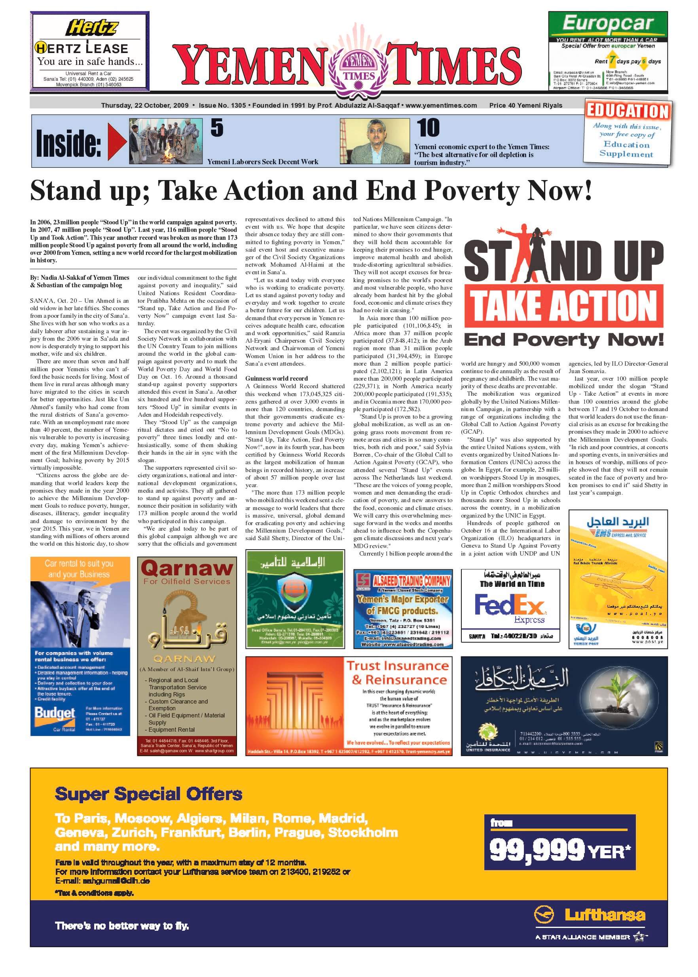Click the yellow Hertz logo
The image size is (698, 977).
click(91, 28)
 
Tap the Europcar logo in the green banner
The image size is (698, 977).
click(608, 24)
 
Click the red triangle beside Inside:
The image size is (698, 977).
click(117, 142)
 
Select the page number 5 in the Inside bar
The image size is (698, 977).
click(217, 128)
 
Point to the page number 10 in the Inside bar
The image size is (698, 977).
click(428, 128)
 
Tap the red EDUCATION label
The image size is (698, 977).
click(628, 111)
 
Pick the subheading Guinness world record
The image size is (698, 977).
click(276, 379)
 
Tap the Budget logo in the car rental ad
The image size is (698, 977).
click(55, 714)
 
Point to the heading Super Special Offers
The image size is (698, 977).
click(148, 794)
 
